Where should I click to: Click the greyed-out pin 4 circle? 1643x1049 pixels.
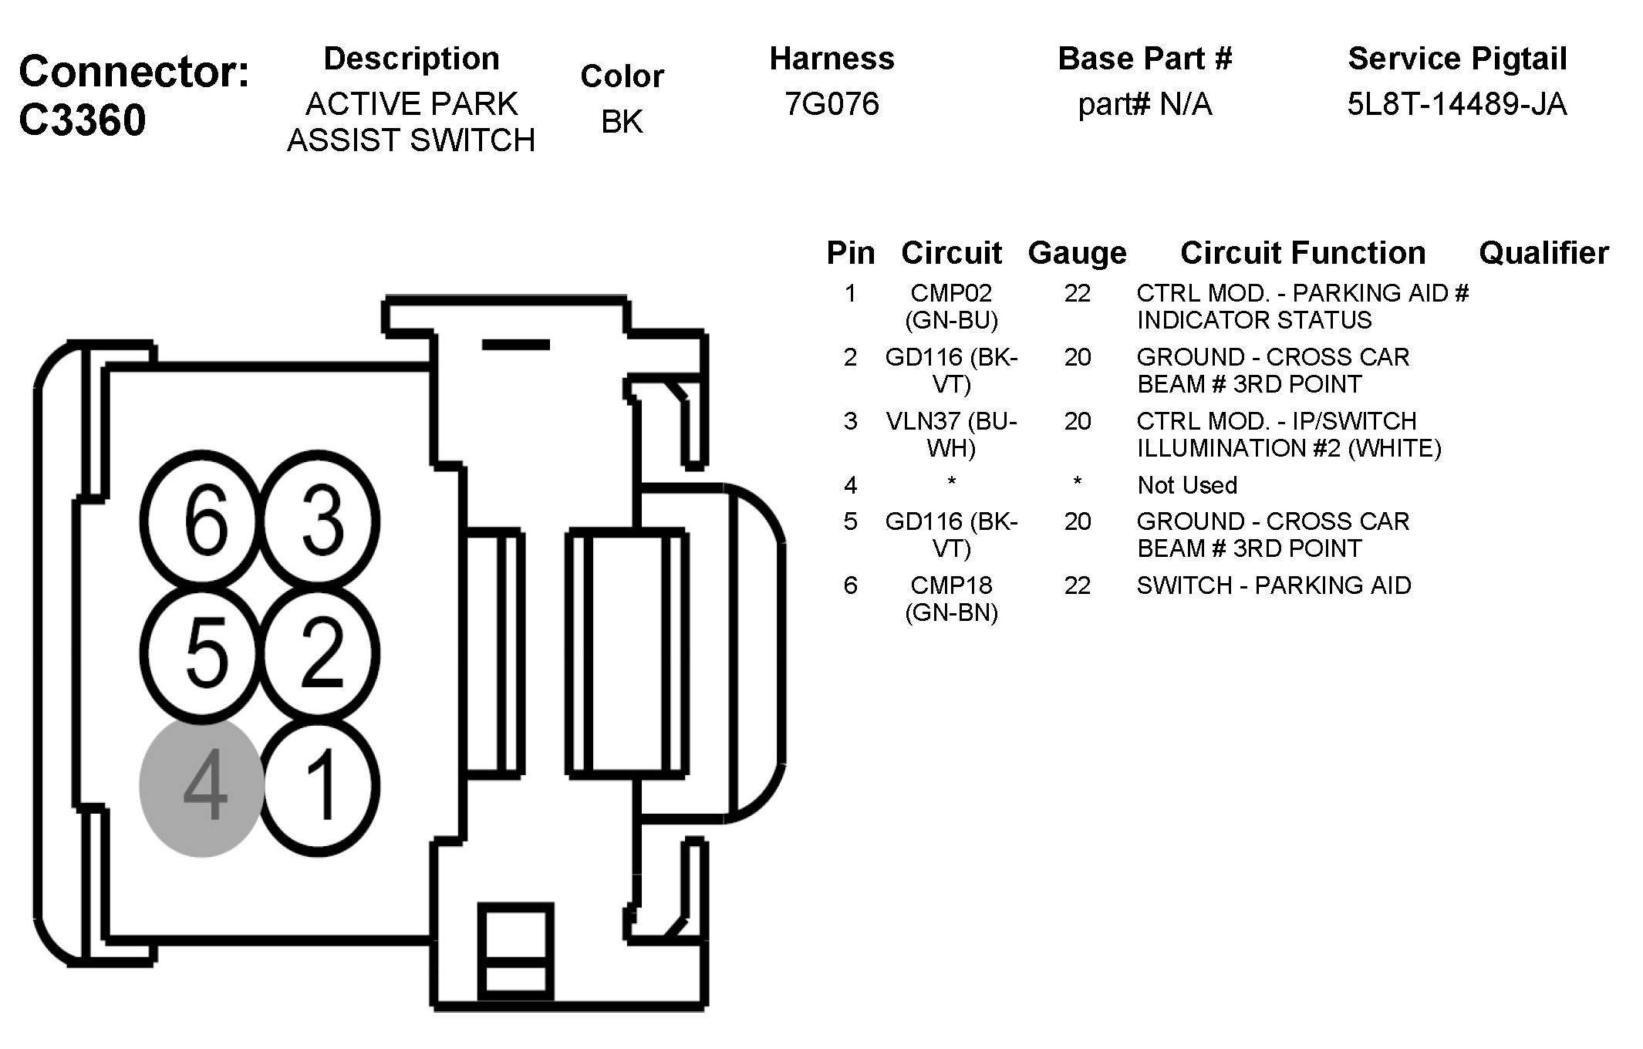202,787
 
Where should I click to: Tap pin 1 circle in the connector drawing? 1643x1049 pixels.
319,787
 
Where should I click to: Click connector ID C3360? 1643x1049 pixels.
82,120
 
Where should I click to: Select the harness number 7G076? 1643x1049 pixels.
832,104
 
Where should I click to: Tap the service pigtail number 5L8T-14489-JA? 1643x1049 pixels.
1457,104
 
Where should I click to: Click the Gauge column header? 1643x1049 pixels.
1077,253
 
